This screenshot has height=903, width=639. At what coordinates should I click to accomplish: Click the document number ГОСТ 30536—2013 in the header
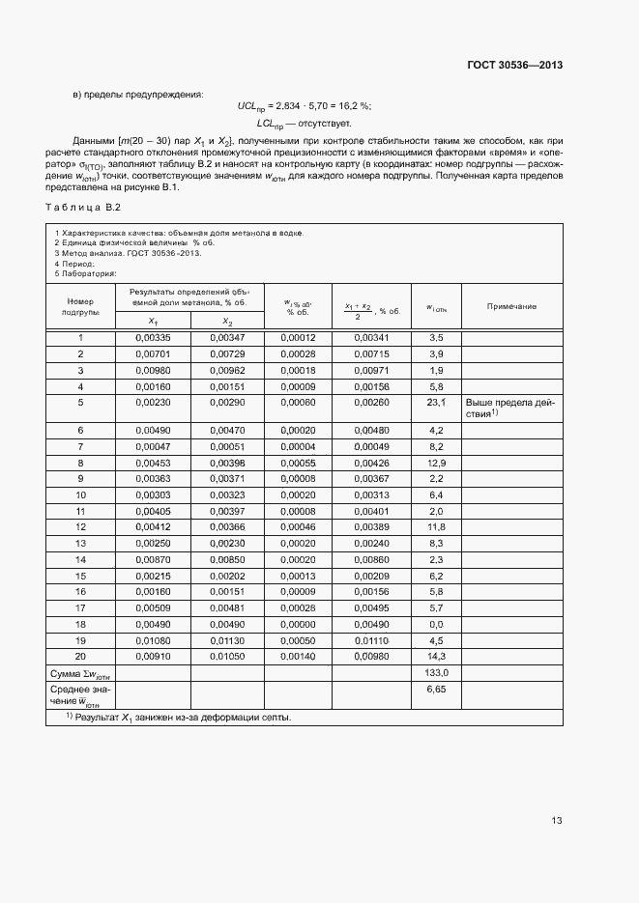[x=513, y=65]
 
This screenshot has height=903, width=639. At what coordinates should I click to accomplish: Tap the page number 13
[x=557, y=821]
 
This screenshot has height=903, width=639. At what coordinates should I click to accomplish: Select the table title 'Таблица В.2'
[x=82, y=208]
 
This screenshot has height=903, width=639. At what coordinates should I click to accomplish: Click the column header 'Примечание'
[x=511, y=306]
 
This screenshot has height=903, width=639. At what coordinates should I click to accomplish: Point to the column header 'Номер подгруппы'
[x=80, y=306]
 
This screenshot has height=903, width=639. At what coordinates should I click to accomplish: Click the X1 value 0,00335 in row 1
[x=154, y=338]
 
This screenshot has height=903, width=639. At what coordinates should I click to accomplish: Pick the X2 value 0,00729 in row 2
[x=227, y=354]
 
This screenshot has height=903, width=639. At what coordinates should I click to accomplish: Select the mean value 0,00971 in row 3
[x=371, y=371]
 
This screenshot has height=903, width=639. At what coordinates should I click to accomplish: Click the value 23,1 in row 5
[x=436, y=402]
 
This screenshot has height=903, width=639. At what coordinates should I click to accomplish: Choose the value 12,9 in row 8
[x=436, y=464]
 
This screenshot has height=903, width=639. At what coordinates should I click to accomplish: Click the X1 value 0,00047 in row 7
[x=154, y=447]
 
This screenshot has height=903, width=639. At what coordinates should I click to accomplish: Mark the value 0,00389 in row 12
[x=371, y=526]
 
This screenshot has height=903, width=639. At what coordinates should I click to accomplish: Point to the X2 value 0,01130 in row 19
[x=227, y=639]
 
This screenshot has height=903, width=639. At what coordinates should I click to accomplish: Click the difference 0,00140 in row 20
[x=299, y=656]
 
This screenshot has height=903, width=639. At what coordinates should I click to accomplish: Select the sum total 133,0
[x=436, y=672]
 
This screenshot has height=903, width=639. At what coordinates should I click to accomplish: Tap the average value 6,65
[x=436, y=691]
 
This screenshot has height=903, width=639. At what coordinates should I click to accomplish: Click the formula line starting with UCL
[x=305, y=107]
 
